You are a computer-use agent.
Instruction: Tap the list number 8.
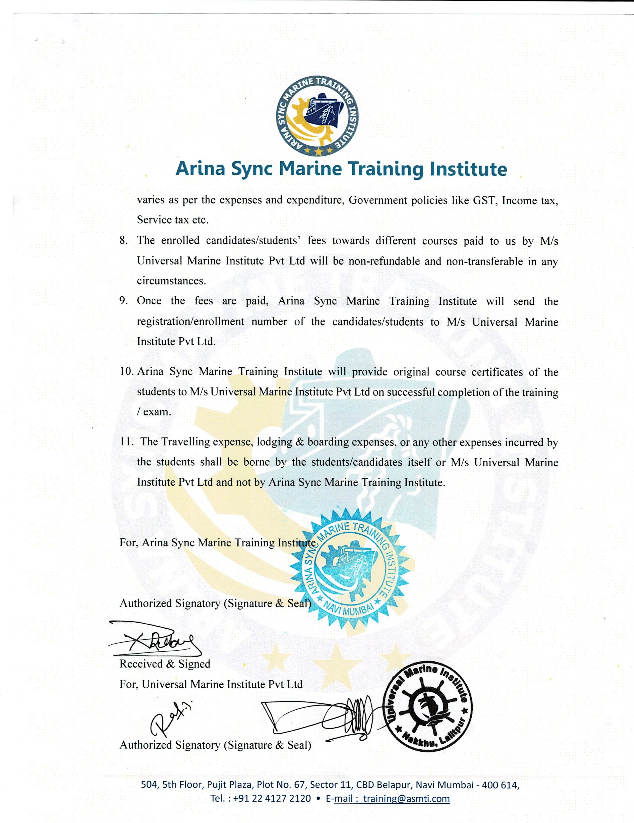[123, 240]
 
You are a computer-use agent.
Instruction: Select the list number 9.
[123, 301]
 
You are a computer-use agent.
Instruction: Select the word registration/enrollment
[191, 321]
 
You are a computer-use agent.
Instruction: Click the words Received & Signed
[165, 664]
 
